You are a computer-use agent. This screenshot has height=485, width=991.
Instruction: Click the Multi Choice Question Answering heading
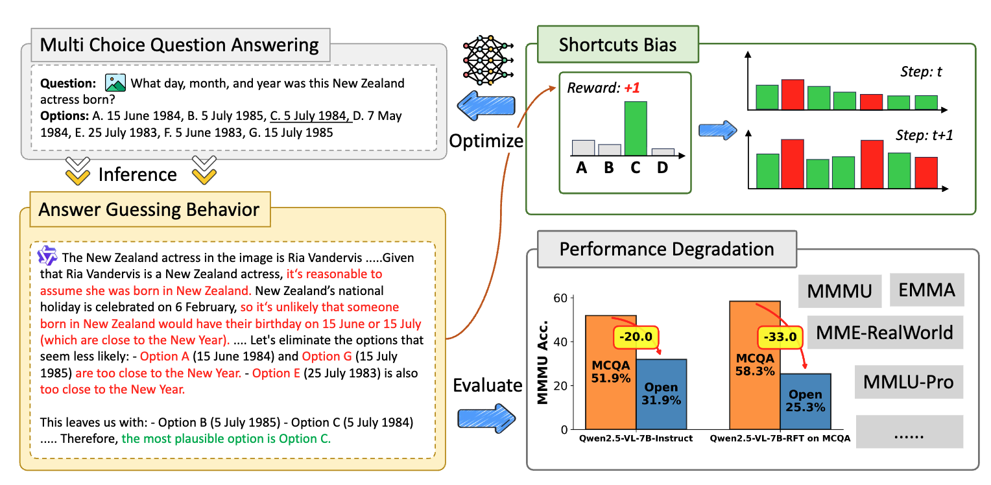pos(180,45)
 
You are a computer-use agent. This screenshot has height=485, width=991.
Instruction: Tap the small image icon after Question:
pos(115,83)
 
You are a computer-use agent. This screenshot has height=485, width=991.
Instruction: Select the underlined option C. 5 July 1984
pos(309,117)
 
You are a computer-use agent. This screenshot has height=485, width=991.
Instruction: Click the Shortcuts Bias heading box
pos(617,45)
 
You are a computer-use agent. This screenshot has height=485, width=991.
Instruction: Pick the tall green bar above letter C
pos(635,128)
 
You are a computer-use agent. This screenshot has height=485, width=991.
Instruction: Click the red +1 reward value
pos(633,87)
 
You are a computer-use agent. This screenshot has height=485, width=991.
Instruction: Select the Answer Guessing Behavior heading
pos(149,209)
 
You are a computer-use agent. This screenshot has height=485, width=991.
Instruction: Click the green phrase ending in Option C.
pos(226,439)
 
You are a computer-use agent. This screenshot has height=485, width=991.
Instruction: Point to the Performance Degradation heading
pos(666,249)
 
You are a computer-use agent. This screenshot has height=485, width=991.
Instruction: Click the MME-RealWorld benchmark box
pos(885,333)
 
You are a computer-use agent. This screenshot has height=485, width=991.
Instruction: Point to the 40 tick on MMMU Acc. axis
pos(561,342)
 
